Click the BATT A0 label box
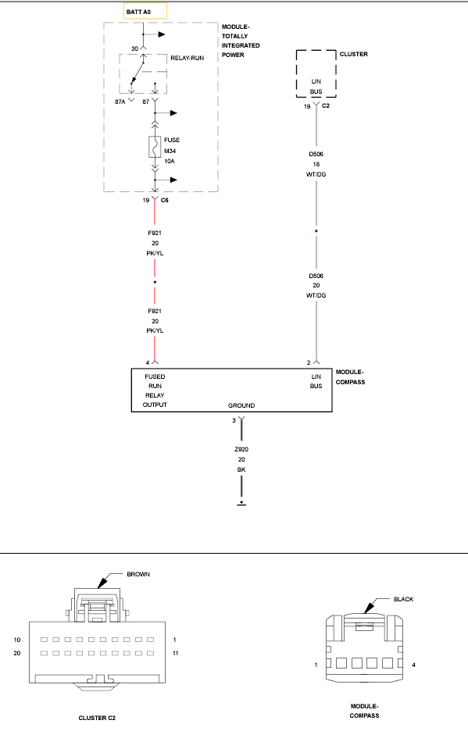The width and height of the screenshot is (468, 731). [x=145, y=11]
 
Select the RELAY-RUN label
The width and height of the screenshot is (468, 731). [x=187, y=58]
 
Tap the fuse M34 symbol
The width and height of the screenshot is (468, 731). [x=155, y=147]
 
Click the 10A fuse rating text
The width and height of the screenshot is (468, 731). [x=169, y=162]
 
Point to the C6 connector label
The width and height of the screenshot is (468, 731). [x=164, y=200]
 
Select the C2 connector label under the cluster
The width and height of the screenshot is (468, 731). [x=326, y=106]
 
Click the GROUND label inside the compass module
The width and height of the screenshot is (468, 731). [x=241, y=405]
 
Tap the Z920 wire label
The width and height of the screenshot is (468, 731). [x=241, y=449]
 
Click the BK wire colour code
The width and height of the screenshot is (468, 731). [x=241, y=469]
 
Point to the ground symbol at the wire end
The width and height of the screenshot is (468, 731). [x=241, y=504]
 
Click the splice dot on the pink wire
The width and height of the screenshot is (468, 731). [x=155, y=282]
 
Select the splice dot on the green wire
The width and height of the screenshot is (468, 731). [x=316, y=230]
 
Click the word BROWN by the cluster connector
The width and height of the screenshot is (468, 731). [x=138, y=574]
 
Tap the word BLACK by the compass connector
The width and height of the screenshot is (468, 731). [x=403, y=599]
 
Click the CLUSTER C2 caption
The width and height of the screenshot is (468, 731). [x=97, y=718]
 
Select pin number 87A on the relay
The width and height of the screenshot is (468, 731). [x=120, y=102]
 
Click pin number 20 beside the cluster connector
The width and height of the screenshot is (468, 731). [x=16, y=653]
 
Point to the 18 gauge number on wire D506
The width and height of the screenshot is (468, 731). [x=316, y=164]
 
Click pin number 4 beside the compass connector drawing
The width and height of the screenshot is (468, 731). [x=413, y=665]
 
